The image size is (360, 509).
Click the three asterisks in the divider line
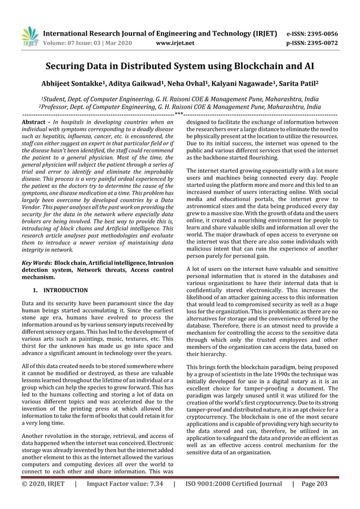point(179,115)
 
